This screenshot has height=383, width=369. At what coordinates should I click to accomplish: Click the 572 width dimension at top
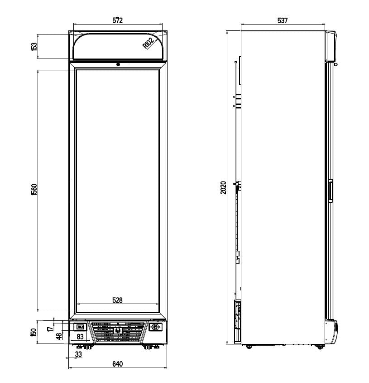coord(117,20)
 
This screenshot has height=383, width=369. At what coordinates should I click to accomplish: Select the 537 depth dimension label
coord(283,20)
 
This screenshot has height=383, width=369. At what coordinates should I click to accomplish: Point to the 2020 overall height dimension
coord(223,188)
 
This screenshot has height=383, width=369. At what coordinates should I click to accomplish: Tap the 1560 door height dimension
coord(34,190)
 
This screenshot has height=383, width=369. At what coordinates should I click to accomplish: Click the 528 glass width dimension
coord(117,300)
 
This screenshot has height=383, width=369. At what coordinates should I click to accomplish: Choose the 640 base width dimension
coord(117,364)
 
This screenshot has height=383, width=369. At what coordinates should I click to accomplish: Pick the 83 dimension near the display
coord(79,336)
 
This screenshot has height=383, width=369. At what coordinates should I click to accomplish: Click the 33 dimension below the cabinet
coord(78,354)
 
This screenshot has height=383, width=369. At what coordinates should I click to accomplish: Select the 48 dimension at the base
coord(58,336)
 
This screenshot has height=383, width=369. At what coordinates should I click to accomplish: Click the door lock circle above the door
coord(118,64)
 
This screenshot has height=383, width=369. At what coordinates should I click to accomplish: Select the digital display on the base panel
coord(80,327)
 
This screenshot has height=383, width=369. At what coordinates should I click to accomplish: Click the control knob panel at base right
coord(155,327)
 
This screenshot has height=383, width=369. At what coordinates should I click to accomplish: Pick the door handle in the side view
coord(331,191)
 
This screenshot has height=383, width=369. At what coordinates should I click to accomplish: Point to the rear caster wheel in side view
coord(249,347)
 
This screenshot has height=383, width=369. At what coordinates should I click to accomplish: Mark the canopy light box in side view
coord(331,46)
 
